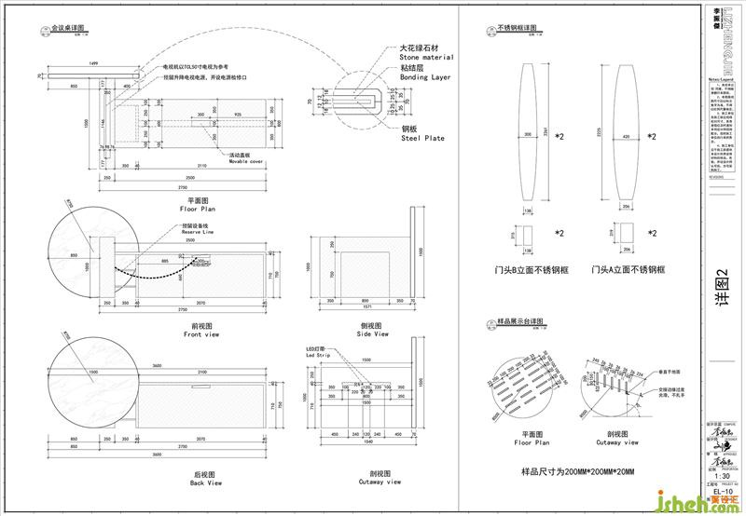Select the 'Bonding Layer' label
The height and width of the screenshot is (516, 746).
click(425, 78)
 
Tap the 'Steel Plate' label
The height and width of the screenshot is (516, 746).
click(422, 139)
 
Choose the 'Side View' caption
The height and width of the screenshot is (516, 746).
click(373, 333)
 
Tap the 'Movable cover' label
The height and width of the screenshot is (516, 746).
click(244, 161)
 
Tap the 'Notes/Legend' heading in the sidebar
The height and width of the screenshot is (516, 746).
click(716, 81)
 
